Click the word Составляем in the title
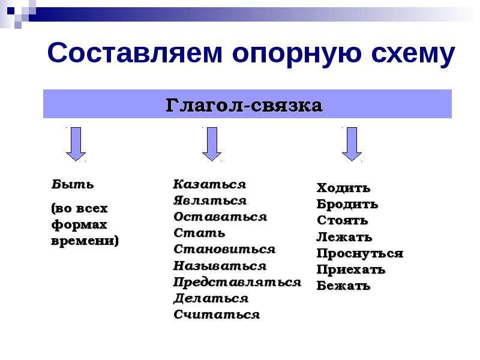click(134, 53)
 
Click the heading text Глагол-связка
click(244, 106)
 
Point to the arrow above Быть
click(76, 144)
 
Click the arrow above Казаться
click(212, 144)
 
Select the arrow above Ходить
click(352, 144)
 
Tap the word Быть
click(73, 184)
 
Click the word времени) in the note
click(85, 241)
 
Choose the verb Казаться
click(209, 184)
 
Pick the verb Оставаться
click(220, 217)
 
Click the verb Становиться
click(224, 249)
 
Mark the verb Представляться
click(237, 282)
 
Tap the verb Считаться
click(217, 314)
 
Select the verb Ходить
click(343, 188)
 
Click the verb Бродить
click(347, 204)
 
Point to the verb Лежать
click(344, 237)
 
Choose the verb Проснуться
click(360, 253)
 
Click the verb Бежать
click(343, 286)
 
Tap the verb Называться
click(220, 266)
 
